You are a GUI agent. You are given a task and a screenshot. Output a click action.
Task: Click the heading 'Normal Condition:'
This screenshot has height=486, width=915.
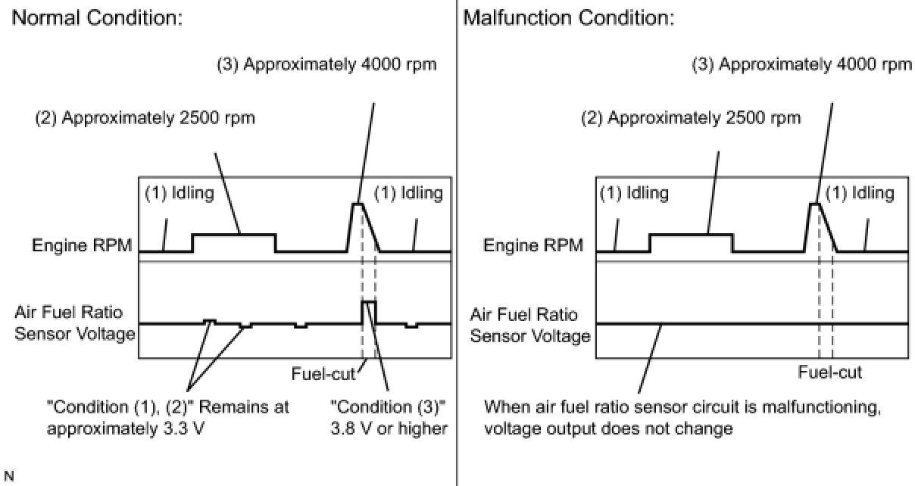pos(97,18)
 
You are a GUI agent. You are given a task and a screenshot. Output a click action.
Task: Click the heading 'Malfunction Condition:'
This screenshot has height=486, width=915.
pos(568,18)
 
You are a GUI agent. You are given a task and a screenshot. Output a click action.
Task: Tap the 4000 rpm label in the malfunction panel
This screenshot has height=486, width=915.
pos(803,64)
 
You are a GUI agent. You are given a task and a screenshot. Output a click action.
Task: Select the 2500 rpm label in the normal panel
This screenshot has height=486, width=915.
pos(145,118)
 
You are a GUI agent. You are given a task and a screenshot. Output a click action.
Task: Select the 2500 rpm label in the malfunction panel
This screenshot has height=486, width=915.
pos(691,118)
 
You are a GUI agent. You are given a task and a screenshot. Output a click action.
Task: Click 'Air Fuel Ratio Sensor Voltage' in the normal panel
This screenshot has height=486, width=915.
pos(74,323)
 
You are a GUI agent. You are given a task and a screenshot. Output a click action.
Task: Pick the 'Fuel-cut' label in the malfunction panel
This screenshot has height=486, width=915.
pos(830,372)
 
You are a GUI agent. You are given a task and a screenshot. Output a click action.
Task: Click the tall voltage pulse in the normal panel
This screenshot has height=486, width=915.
pos(369,310)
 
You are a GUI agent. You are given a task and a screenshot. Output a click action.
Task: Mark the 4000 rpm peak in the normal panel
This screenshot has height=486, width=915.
pos(357,204)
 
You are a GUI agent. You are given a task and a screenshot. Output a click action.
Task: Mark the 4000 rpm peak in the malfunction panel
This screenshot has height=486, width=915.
pos(814,204)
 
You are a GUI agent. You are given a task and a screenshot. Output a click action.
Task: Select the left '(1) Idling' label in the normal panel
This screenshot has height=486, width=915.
pos(179,193)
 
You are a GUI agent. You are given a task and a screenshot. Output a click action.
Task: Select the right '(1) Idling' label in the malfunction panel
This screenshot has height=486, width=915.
pos(860,193)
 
